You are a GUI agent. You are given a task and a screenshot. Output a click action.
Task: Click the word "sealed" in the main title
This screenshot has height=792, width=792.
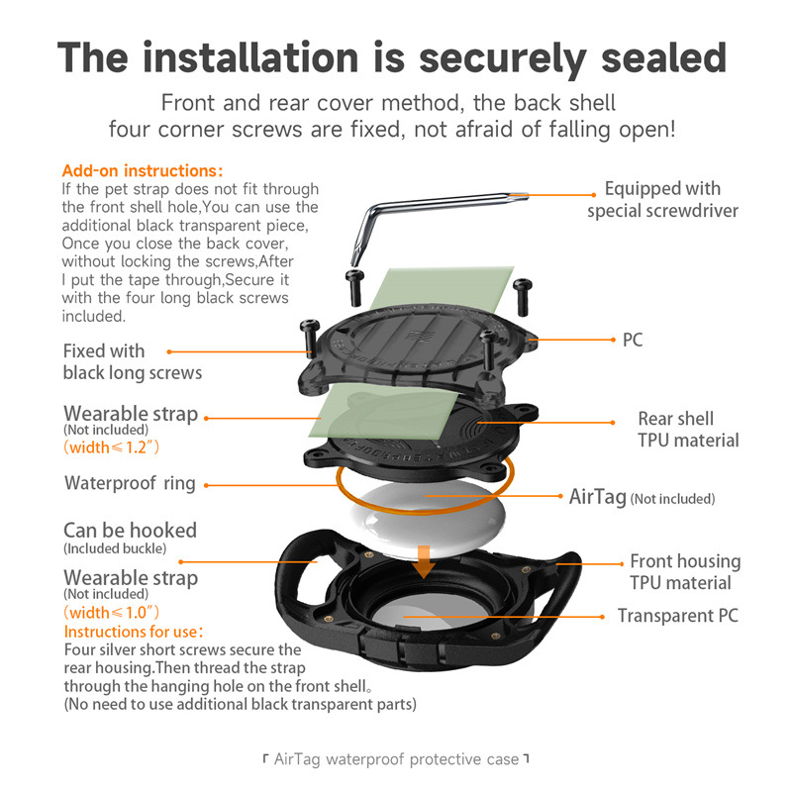[663, 58]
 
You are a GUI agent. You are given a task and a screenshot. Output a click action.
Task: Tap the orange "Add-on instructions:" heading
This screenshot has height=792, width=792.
[142, 170]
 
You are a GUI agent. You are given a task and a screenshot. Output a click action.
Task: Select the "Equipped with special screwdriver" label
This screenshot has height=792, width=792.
[662, 200]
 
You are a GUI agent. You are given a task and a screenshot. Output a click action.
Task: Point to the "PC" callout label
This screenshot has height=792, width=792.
[633, 340]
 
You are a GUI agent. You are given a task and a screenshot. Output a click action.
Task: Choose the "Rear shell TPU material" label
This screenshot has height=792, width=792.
[688, 430]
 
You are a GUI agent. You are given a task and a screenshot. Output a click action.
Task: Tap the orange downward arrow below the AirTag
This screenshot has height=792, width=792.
[425, 561]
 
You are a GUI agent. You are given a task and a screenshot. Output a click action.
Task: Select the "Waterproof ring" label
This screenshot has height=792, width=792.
[130, 483]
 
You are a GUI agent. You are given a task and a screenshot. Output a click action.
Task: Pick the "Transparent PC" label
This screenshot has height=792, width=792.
[678, 616]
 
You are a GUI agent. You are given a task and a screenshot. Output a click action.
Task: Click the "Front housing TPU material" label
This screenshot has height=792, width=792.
[685, 572]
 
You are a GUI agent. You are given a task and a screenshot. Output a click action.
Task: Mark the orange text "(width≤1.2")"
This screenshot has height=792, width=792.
[111, 447]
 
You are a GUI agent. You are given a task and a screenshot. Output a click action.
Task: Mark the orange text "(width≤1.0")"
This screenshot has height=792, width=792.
[111, 612]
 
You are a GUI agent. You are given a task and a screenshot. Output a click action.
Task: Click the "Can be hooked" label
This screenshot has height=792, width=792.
[130, 531]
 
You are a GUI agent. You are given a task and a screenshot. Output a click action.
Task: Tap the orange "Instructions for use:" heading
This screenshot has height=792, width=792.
[134, 632]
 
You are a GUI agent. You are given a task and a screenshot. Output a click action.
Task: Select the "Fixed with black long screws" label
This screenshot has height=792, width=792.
[133, 361]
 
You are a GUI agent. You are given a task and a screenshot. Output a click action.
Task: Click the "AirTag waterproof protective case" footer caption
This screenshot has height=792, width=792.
[396, 759]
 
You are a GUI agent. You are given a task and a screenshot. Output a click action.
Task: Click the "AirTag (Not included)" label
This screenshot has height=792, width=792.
[642, 497]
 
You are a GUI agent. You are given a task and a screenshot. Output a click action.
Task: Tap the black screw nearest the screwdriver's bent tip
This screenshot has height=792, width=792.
[355, 287]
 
